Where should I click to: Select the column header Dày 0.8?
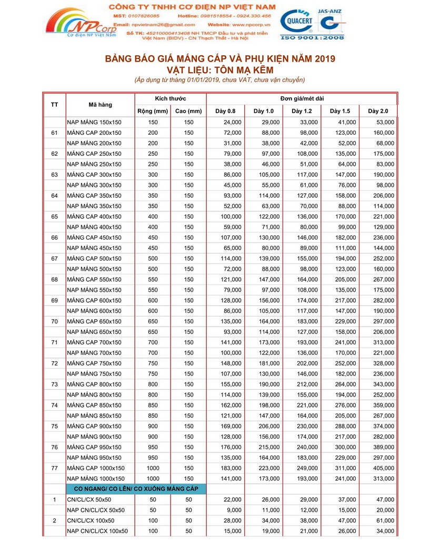click(x=226, y=111)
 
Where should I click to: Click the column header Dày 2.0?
click(x=378, y=111)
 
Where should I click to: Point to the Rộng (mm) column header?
click(x=153, y=111)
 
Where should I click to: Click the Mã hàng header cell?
click(x=99, y=105)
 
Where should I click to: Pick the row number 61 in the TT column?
click(x=55, y=133)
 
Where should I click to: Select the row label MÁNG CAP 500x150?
click(x=94, y=259)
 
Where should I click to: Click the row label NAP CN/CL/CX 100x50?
click(x=97, y=531)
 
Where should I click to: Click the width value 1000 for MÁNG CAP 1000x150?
click(x=153, y=468)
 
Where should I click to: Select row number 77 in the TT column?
click(x=55, y=468)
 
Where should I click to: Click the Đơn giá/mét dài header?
click(x=302, y=98)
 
